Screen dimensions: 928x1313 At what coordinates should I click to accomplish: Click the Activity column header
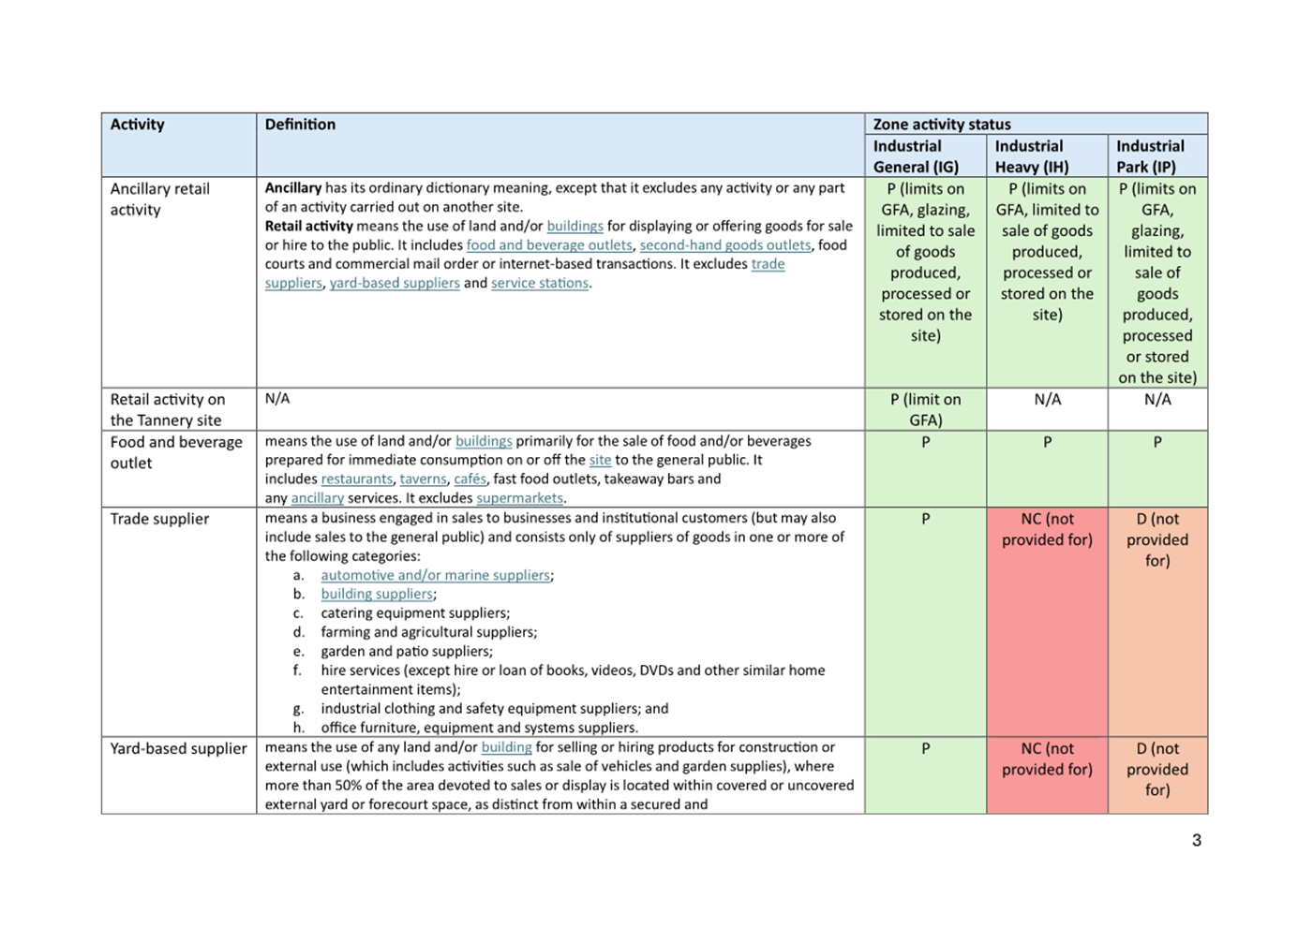(137, 125)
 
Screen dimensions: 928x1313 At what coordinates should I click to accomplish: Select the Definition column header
(300, 125)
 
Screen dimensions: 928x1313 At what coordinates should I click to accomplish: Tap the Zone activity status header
(941, 125)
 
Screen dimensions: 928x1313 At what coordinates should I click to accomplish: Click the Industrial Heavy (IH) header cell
(1031, 156)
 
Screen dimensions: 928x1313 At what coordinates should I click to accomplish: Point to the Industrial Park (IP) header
(1150, 156)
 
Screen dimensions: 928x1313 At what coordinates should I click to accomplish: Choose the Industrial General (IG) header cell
(915, 156)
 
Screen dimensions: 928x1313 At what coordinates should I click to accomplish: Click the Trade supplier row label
(159, 519)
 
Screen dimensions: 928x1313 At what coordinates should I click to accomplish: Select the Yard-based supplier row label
(178, 748)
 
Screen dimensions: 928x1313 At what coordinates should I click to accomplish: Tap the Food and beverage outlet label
(175, 452)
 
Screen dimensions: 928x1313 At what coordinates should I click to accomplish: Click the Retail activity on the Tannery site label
(167, 409)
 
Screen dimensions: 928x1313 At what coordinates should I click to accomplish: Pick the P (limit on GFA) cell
(925, 409)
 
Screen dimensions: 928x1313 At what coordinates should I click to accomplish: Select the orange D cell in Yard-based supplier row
(1157, 769)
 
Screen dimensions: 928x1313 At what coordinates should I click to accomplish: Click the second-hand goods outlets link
(724, 245)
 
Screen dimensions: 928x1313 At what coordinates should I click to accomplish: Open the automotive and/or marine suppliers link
(435, 575)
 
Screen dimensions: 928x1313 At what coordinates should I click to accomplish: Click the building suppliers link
(377, 594)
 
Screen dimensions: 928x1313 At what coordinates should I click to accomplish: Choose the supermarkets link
(519, 498)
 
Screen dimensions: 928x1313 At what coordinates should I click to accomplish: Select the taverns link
(423, 479)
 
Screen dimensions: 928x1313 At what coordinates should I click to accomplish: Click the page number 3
(1196, 840)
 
